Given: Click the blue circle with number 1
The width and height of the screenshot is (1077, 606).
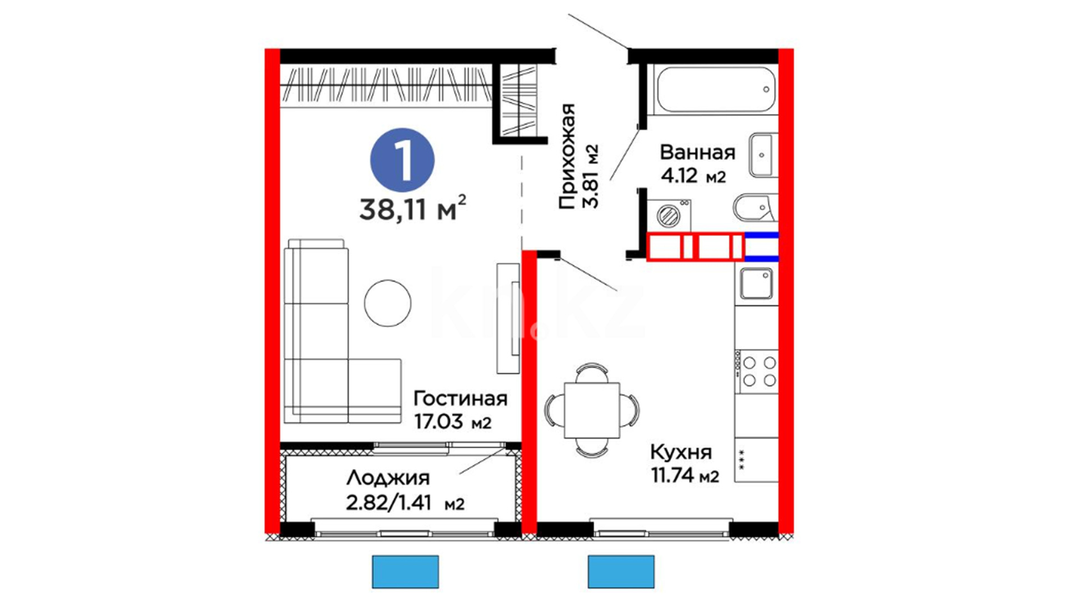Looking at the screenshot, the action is [402, 160].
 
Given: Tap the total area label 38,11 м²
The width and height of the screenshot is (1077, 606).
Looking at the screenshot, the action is [412, 209].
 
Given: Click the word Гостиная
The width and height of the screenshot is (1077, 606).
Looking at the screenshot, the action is [461, 399].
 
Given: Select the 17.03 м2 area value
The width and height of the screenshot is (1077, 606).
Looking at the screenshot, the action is [453, 421].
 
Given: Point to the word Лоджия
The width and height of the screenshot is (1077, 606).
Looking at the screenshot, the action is [388, 478].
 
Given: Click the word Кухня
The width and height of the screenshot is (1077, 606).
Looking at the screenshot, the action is [681, 452].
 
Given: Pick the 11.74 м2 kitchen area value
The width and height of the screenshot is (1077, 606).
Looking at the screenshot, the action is [685, 476].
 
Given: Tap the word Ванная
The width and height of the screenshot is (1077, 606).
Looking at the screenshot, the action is [697, 153].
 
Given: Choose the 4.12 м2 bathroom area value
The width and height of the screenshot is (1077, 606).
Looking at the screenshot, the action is [693, 176].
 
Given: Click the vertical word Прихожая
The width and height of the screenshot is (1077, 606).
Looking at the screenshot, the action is [568, 156].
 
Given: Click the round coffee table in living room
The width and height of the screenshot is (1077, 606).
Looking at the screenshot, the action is [388, 303].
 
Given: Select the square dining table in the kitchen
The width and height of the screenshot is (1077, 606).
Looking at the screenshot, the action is [592, 410].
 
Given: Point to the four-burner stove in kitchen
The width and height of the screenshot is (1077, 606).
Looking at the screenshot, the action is [757, 371].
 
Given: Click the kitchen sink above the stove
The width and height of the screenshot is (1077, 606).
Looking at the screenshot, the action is [756, 284].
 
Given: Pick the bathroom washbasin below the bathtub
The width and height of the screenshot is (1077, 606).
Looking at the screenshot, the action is [763, 155].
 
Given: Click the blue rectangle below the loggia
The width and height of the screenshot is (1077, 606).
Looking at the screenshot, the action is [406, 572].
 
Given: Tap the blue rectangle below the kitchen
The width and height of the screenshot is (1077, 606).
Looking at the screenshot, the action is [621, 572].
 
